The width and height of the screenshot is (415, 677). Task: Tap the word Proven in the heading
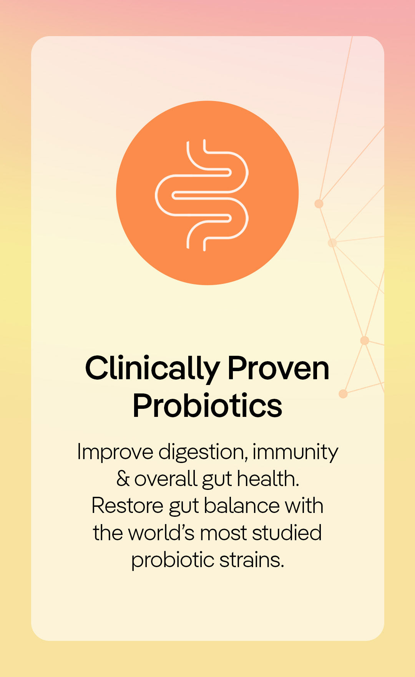[x=279, y=368]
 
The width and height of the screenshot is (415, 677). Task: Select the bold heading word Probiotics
[x=207, y=406]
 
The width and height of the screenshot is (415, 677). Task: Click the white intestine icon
[x=202, y=195]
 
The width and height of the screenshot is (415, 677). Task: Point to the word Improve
[x=115, y=453]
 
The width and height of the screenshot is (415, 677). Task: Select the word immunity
[x=295, y=453]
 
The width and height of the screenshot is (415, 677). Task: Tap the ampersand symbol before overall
[x=123, y=479]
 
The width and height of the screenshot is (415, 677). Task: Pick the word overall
[x=166, y=479]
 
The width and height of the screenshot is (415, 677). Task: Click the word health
[x=268, y=479]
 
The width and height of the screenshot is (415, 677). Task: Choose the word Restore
[x=128, y=506]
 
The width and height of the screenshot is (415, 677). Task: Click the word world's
[x=161, y=533]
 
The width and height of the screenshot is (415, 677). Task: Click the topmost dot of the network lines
[x=319, y=204]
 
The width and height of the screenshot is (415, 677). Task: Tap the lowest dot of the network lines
[x=343, y=394]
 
